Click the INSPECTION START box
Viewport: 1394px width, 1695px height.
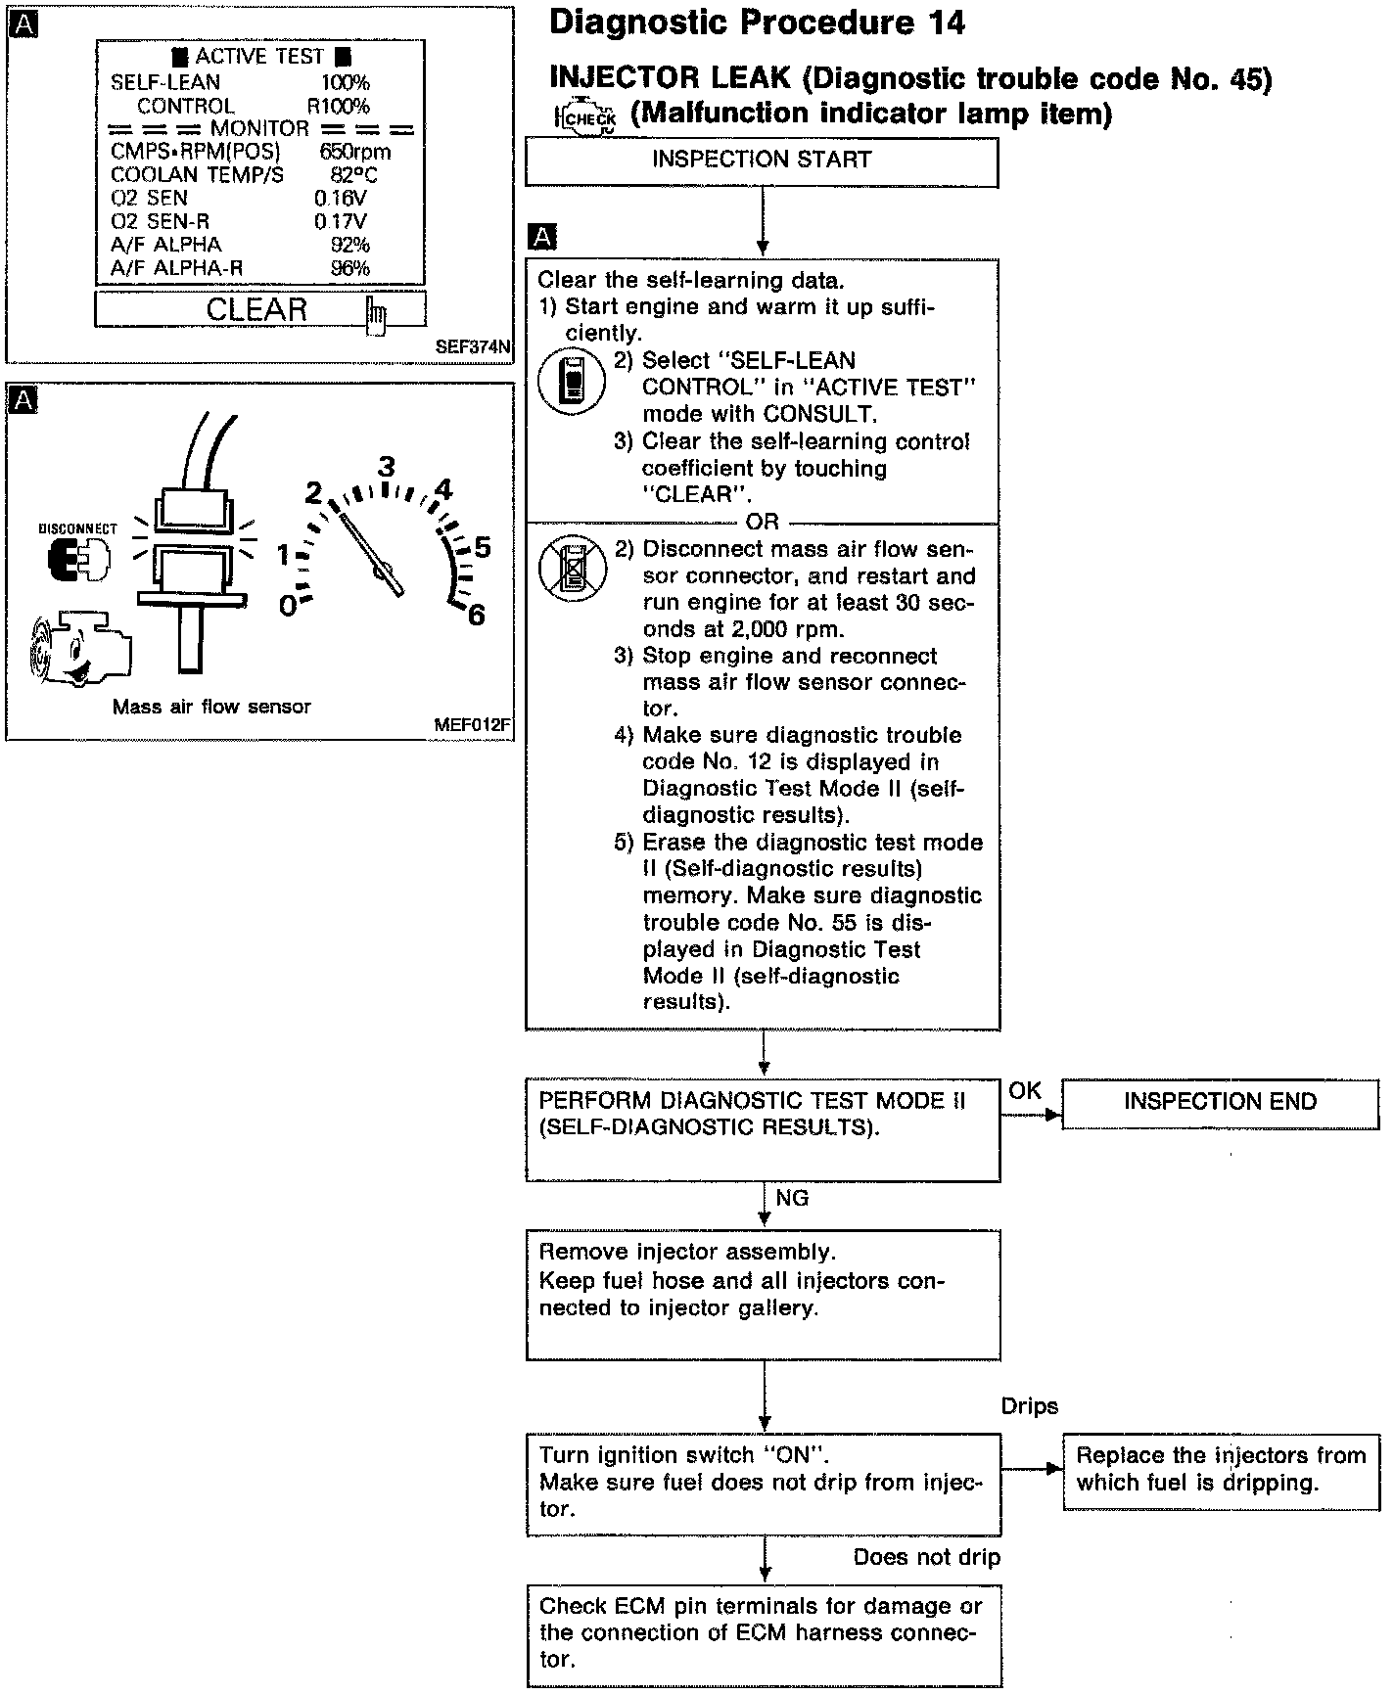pyautogui.click(x=762, y=161)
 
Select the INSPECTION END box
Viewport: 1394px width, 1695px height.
pyautogui.click(x=1220, y=1103)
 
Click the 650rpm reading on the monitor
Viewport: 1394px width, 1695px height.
pyautogui.click(x=354, y=152)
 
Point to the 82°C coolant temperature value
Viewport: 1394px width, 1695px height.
pyautogui.click(x=353, y=175)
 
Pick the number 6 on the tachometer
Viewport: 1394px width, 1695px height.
pyautogui.click(x=477, y=616)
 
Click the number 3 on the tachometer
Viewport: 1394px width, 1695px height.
pyautogui.click(x=387, y=467)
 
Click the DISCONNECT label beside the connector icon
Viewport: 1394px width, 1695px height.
pyautogui.click(x=77, y=528)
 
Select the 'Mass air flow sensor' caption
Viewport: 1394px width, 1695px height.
pyautogui.click(x=211, y=707)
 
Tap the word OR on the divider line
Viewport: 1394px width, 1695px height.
pyautogui.click(x=762, y=523)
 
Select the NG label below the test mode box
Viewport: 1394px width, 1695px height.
pyautogui.click(x=792, y=1198)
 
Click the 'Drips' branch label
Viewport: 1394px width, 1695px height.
pyautogui.click(x=1029, y=1406)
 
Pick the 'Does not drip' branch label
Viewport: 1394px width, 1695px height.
pyautogui.click(x=926, y=1557)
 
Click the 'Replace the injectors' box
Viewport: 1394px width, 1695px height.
pyautogui.click(x=1220, y=1469)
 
